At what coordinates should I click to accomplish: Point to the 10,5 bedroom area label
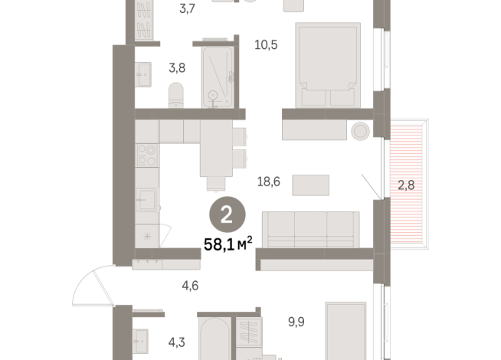(x=265, y=44)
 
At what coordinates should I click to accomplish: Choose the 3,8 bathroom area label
(x=176, y=67)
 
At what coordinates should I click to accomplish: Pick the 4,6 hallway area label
(x=190, y=287)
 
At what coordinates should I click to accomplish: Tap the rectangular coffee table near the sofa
(x=310, y=185)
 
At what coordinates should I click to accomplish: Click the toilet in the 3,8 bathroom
(x=175, y=96)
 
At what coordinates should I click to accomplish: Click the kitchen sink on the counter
(x=147, y=201)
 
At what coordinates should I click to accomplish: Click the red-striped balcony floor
(x=406, y=153)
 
